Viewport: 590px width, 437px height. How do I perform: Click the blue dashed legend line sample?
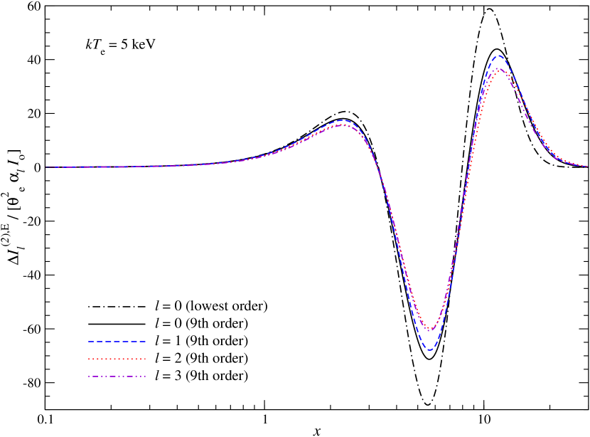tap(117, 342)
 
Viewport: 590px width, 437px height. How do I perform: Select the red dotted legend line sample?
tap(117, 359)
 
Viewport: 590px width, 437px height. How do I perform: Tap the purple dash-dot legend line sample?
tap(117, 377)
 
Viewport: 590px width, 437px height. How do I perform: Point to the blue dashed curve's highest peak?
tap(499, 56)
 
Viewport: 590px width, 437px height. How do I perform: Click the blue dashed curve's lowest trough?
tap(429, 350)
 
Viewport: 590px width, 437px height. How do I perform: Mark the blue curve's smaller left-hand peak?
tap(343, 120)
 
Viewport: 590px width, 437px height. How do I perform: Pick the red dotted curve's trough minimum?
tap(430, 330)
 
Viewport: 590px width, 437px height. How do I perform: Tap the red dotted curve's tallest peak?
tap(499, 68)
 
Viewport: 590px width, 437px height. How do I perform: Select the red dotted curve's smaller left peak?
tap(343, 125)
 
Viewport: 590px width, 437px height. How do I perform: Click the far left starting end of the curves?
tap(46, 167)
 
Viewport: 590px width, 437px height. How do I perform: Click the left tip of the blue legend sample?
tap(89, 342)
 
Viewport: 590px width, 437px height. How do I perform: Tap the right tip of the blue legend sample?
tap(146, 342)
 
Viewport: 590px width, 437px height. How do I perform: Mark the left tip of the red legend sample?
tap(89, 359)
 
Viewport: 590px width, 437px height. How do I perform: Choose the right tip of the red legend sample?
tap(146, 359)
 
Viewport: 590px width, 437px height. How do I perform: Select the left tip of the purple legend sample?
tap(89, 377)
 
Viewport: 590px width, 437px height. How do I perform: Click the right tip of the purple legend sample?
tap(146, 377)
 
